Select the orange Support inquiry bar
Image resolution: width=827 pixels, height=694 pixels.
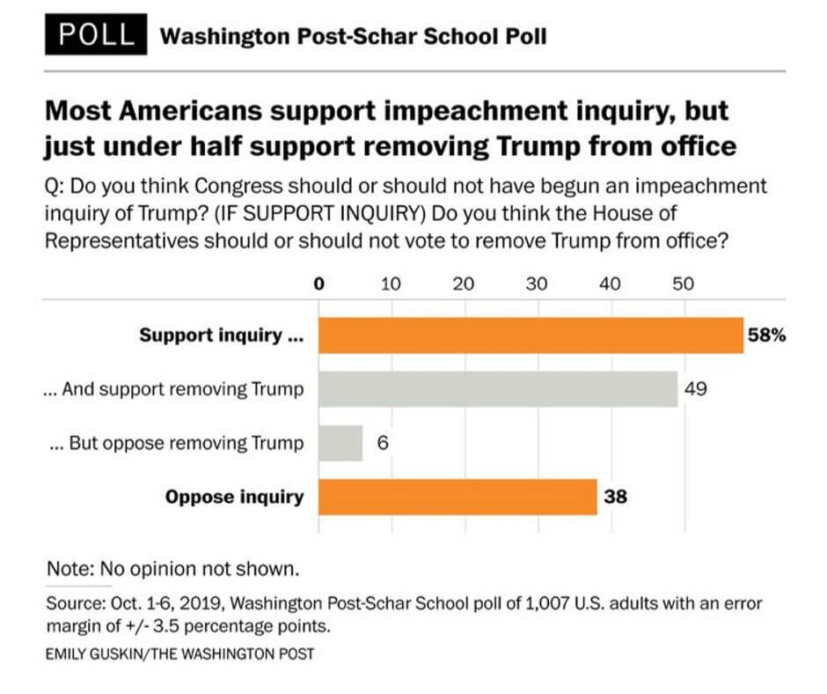coord(531,336)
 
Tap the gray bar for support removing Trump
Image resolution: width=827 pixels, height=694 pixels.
coord(497,389)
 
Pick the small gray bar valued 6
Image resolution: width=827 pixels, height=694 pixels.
coord(340,443)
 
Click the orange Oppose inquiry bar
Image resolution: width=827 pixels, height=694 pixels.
coord(457,497)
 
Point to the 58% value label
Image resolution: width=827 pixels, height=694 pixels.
coord(766,336)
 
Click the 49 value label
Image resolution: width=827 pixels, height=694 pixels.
coord(696,389)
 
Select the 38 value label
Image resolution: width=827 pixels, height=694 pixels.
coord(615,497)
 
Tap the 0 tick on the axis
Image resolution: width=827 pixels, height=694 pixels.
coord(319,284)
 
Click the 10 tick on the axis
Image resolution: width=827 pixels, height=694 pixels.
coord(391,284)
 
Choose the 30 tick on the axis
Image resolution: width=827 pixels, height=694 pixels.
coord(537,284)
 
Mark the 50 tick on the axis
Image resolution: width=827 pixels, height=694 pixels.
coord(683,284)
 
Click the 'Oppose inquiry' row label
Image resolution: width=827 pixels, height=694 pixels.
coord(234,497)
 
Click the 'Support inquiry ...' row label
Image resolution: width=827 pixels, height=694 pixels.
coord(216,336)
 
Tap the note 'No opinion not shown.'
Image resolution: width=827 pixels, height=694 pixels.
coord(173,569)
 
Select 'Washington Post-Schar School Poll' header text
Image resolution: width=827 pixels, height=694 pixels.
coord(355,36)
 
